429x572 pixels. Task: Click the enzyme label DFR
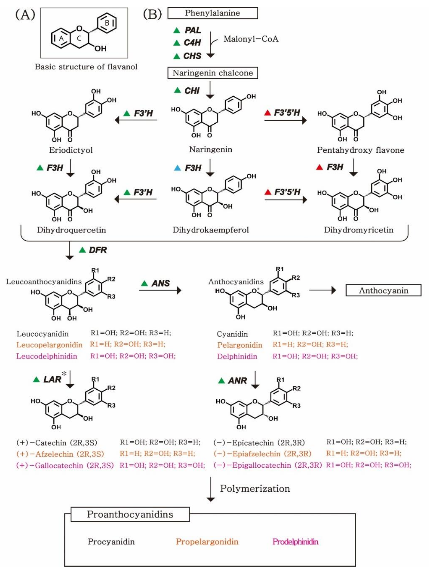pyautogui.click(x=98, y=250)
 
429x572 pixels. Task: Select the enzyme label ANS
pyautogui.click(x=161, y=283)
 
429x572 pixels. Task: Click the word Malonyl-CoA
pyautogui.click(x=251, y=39)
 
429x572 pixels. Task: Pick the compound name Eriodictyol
pyautogui.click(x=71, y=150)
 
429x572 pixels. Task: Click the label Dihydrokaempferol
pyautogui.click(x=210, y=230)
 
